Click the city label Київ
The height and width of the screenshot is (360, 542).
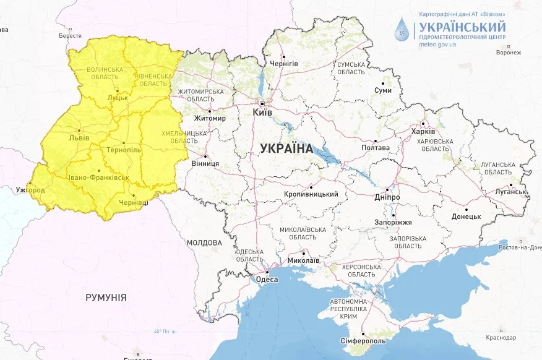262,113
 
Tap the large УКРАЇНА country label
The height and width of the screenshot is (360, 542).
286,148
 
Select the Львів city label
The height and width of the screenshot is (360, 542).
79,137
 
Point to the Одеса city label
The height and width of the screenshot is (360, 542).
267,280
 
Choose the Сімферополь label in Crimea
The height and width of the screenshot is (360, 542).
363,341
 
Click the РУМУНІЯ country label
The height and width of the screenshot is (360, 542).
106,298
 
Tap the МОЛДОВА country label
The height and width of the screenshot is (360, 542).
204,242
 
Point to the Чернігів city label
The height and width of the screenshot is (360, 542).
284,64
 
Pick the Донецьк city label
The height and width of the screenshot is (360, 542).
466,216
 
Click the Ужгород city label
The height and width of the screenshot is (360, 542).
30,189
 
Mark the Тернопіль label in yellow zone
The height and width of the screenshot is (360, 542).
124,150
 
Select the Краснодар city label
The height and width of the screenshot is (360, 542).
501,338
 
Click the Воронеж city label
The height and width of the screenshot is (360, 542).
509,53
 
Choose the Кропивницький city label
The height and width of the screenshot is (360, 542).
311,194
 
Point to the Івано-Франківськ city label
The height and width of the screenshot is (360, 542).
98,178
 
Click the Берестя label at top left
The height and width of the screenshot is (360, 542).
70,36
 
